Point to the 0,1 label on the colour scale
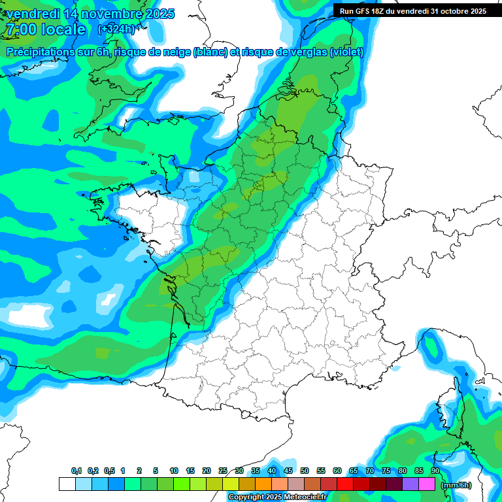(x=76, y=471)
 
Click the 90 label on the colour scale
(x=435, y=471)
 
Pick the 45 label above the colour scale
(x=288, y=471)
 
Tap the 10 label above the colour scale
(x=174, y=471)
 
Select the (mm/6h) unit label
(x=456, y=485)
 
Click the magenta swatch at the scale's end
(x=427, y=484)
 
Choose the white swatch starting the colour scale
(x=67, y=484)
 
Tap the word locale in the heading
(x=63, y=29)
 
